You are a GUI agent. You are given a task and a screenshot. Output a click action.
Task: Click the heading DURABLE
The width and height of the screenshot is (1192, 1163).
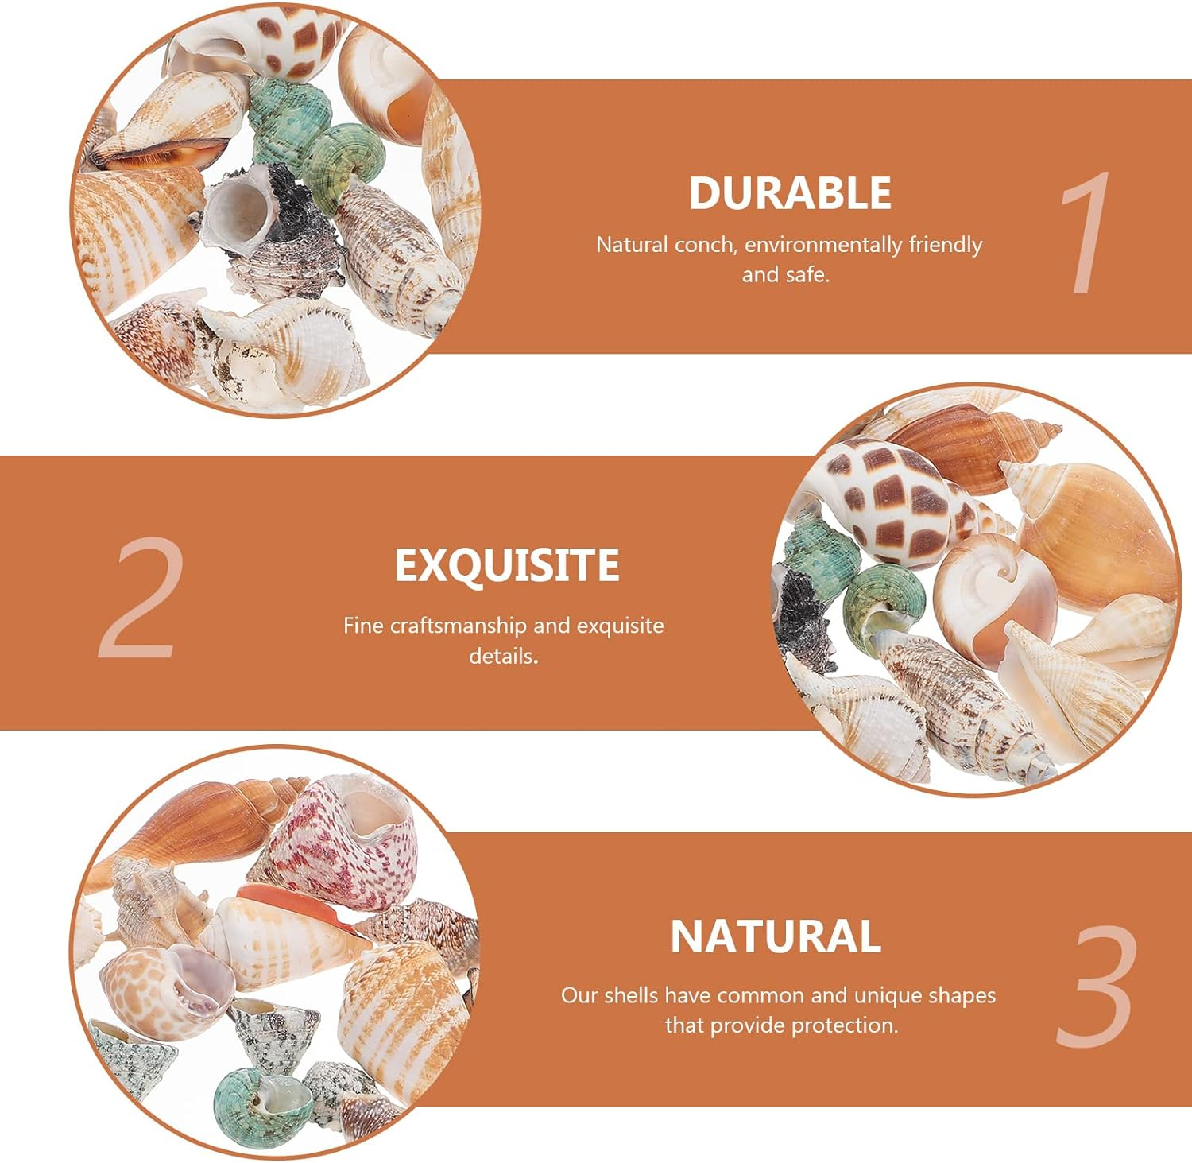[790, 193]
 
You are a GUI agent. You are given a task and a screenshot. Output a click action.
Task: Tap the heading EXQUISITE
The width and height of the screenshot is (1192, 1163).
[507, 565]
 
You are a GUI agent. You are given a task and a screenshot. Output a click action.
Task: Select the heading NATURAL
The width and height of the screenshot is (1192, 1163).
[776, 936]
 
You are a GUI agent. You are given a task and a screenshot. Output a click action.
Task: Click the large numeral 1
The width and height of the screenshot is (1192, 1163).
[1086, 232]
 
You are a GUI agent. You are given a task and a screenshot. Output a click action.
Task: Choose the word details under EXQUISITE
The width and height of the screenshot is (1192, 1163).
[503, 657]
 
